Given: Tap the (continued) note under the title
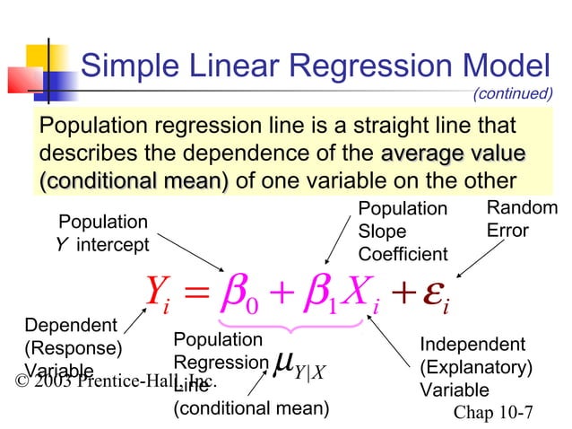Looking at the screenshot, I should [x=511, y=92].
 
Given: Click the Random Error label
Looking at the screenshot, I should [x=521, y=220].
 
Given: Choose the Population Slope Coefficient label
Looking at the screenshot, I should [x=402, y=232].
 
